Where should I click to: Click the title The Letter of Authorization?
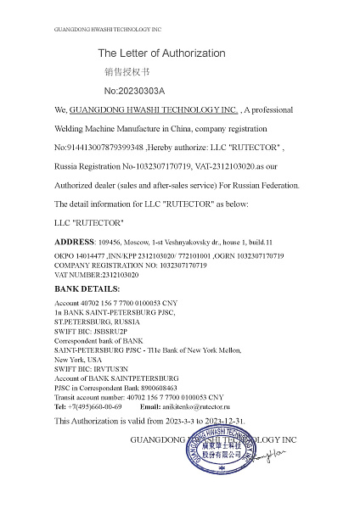point(161,53)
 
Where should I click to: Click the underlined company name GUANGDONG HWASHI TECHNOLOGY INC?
point(153,110)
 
